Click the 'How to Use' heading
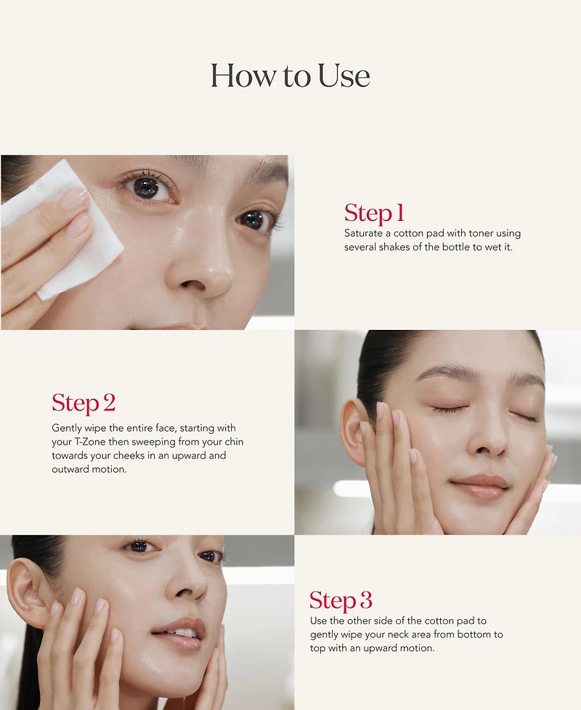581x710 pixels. pyautogui.click(x=290, y=76)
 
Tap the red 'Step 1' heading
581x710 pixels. pyautogui.click(x=374, y=213)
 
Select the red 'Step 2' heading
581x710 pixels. pyautogui.click(x=84, y=403)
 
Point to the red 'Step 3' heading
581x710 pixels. pyautogui.click(x=341, y=600)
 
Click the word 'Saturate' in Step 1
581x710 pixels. pyautogui.click(x=363, y=233)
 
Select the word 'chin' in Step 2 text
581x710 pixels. pyautogui.click(x=234, y=442)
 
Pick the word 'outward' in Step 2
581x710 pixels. pyautogui.click(x=70, y=469)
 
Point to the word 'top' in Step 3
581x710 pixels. pyautogui.click(x=317, y=648)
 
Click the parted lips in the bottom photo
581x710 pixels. pyautogui.click(x=179, y=633)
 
